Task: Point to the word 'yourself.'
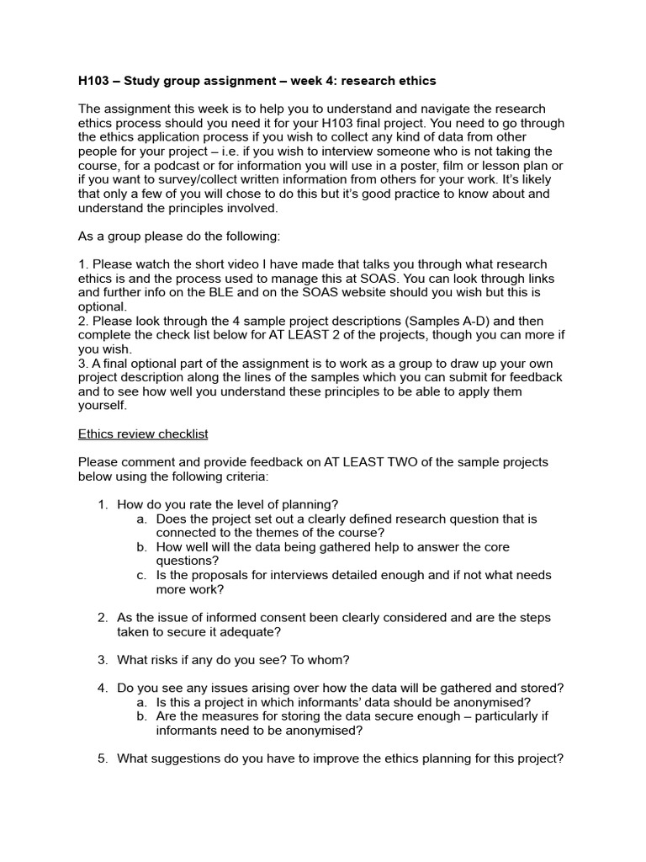pyautogui.click(x=103, y=405)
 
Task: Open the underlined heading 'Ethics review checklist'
pyautogui.click(x=143, y=434)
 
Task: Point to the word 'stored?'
pyautogui.click(x=539, y=688)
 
